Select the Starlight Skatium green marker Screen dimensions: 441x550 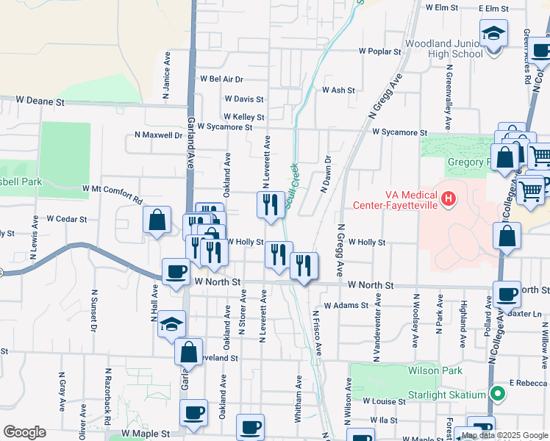[x=498, y=395]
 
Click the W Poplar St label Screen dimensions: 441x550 [x=380, y=52]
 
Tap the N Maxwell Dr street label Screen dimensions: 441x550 [x=158, y=135]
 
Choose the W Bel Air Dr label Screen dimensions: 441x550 [x=221, y=79]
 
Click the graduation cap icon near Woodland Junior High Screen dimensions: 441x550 [x=493, y=34]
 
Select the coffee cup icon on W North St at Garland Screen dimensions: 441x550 [x=176, y=272]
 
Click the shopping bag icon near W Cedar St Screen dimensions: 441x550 [x=157, y=220]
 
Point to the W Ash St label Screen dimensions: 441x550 [x=338, y=90]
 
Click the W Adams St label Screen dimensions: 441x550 [x=345, y=304]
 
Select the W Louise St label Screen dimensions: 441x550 [x=384, y=401]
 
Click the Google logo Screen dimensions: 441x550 [x=24, y=431]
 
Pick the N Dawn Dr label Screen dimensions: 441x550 [x=325, y=173]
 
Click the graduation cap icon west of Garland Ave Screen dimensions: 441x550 [x=171, y=324]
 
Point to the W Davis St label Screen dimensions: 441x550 [x=244, y=98]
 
